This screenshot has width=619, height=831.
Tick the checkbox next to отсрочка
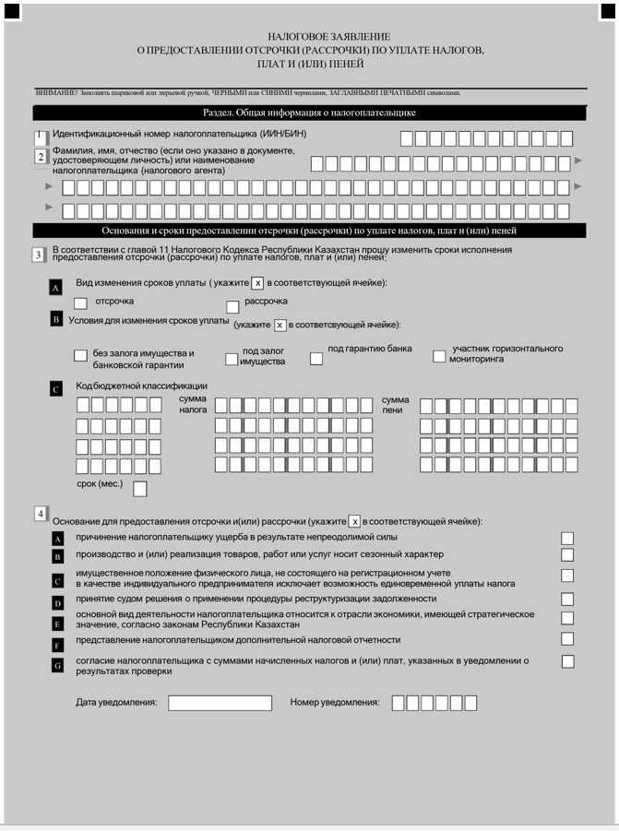click(80, 303)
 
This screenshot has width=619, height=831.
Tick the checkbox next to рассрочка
click(233, 306)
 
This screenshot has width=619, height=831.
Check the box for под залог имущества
click(232, 360)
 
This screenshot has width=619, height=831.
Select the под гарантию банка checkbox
click(316, 358)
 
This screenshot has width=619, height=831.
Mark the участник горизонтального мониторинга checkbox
click(439, 357)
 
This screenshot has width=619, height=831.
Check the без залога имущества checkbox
click(80, 356)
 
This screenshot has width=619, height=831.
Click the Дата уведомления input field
click(220, 703)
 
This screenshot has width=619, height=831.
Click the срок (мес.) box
click(140, 489)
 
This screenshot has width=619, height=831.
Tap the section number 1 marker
click(40, 137)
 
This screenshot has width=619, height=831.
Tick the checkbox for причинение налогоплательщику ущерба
click(567, 538)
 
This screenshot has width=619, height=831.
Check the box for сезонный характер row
click(567, 554)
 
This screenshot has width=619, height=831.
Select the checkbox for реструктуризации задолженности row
click(567, 599)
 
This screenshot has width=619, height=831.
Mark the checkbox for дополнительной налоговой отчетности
click(567, 639)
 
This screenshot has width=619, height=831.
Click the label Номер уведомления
click(335, 703)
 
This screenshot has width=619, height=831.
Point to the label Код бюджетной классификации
click(141, 386)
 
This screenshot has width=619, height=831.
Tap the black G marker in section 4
click(57, 665)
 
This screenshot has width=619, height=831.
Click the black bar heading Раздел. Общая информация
click(310, 113)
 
